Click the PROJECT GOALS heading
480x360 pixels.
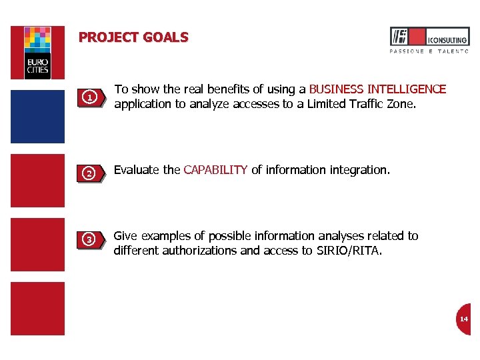pyautogui.click(x=133, y=38)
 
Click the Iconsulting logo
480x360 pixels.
pyautogui.click(x=429, y=37)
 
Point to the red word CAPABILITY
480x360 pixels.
pyautogui.click(x=215, y=170)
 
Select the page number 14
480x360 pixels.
pyautogui.click(x=463, y=319)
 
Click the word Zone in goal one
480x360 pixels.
pyautogui.click(x=400, y=104)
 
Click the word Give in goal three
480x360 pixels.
pyautogui.click(x=125, y=236)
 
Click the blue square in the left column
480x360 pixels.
pyautogui.click(x=37, y=117)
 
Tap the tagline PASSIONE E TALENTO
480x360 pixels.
pyautogui.click(x=429, y=51)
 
